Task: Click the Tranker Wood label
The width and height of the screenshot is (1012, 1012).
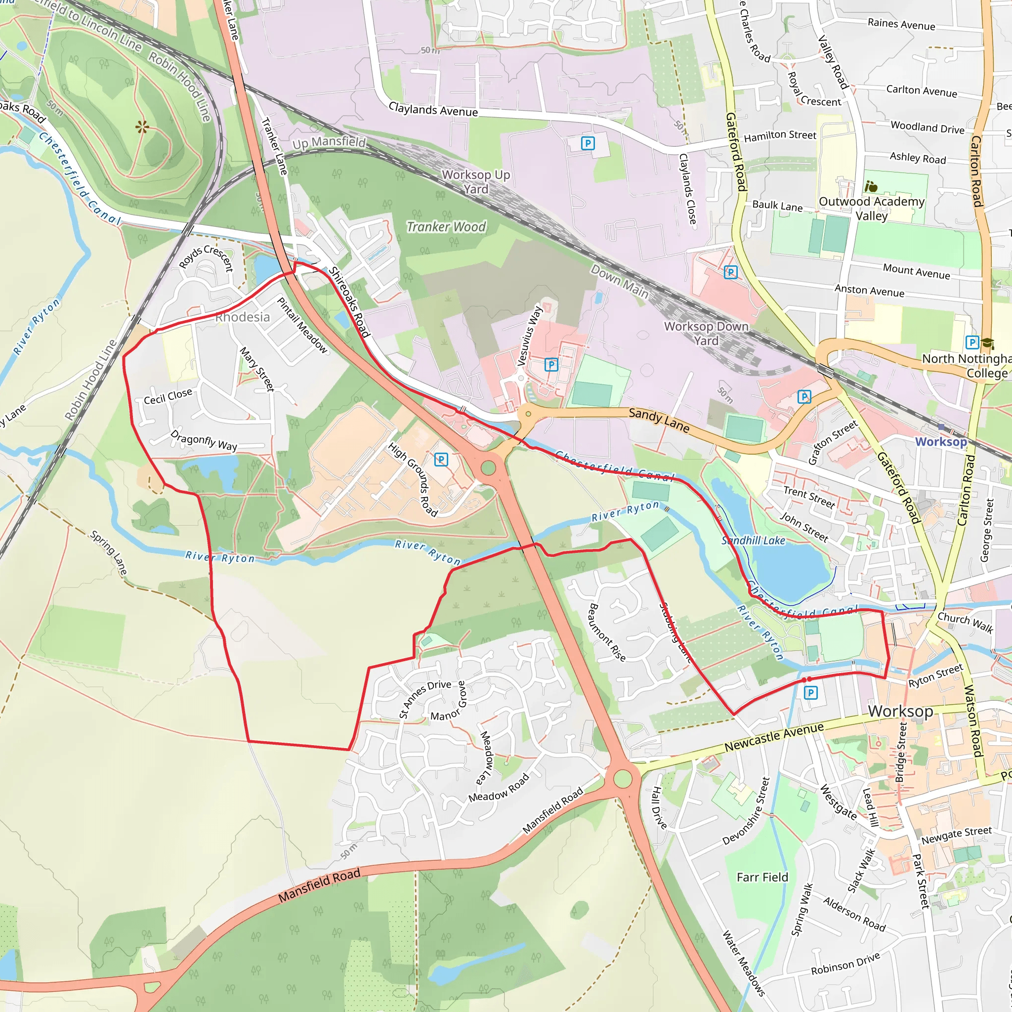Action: pos(446,227)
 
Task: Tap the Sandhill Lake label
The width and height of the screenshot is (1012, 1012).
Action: pos(753,541)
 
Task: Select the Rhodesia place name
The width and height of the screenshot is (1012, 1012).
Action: pos(243,317)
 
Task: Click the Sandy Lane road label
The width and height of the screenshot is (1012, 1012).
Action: pos(659,420)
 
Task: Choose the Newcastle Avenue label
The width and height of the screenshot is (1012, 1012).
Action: pos(774,736)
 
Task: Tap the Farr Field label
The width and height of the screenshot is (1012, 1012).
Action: pos(762,878)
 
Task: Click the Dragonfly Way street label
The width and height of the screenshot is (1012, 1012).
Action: pos(204,440)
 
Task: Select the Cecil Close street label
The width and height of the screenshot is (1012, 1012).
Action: pos(168,396)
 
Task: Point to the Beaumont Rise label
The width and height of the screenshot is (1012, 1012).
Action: pos(607,632)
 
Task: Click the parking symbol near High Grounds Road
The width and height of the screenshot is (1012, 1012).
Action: pos(441,460)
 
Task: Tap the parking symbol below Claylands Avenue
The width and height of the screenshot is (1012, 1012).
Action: pos(588,143)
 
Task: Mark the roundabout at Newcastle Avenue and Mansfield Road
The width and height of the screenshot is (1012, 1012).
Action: pos(622,778)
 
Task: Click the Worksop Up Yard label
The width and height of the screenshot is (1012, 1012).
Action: pos(476,182)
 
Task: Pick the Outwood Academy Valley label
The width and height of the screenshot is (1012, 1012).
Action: pos(872,209)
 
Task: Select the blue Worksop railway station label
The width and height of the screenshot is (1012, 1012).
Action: pos(941,442)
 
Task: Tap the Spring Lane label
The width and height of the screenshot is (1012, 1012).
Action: pos(108,553)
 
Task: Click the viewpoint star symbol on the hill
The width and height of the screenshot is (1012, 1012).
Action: pos(142,127)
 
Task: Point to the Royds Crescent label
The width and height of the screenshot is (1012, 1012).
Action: pos(206,257)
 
